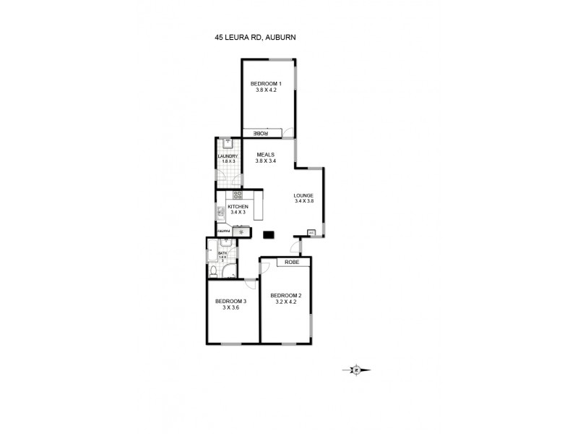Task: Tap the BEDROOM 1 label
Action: tap(266, 84)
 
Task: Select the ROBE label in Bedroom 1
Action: tap(261, 133)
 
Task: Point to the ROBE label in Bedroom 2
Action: tap(292, 262)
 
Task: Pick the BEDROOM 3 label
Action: tap(230, 301)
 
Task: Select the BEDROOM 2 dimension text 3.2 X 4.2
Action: tap(285, 302)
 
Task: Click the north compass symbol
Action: tap(356, 370)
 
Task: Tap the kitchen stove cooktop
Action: tap(238, 195)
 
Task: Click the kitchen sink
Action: tap(220, 212)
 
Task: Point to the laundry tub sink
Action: tap(227, 143)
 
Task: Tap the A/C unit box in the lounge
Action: tap(311, 232)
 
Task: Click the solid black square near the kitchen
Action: tap(269, 234)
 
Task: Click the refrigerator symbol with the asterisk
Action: tap(241, 231)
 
